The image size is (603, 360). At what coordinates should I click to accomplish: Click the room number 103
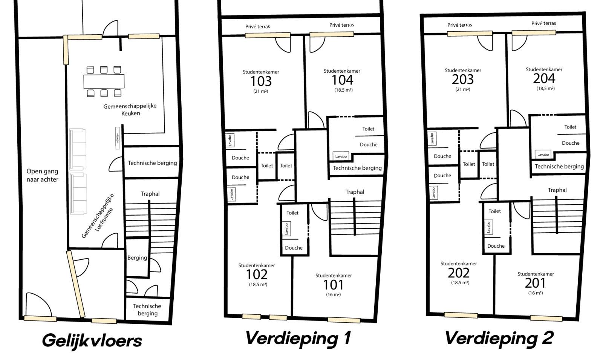(261, 81)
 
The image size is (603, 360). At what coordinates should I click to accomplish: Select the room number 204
(544, 79)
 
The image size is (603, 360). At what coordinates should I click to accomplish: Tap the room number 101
(333, 285)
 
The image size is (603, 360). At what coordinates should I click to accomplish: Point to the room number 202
(458, 273)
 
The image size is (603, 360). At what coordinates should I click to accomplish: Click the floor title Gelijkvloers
(92, 341)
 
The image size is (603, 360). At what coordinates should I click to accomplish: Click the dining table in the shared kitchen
(104, 81)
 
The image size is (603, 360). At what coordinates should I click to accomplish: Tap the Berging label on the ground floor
(137, 258)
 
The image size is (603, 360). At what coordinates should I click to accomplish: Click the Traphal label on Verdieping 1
(355, 192)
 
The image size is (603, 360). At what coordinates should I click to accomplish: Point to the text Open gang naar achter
(42, 175)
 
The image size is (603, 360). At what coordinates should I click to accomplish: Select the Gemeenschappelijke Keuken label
(130, 110)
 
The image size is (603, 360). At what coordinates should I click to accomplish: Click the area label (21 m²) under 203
(463, 89)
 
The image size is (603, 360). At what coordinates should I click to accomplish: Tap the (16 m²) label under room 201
(536, 293)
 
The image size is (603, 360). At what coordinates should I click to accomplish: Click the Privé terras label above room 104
(341, 25)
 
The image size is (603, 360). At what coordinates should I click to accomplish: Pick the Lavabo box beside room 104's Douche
(341, 156)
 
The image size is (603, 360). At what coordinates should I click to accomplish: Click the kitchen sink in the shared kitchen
(118, 138)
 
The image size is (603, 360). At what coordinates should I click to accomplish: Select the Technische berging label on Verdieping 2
(559, 167)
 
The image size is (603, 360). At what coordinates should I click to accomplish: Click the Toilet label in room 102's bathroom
(292, 213)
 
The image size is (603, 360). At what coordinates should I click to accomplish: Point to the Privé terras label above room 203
(459, 25)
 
